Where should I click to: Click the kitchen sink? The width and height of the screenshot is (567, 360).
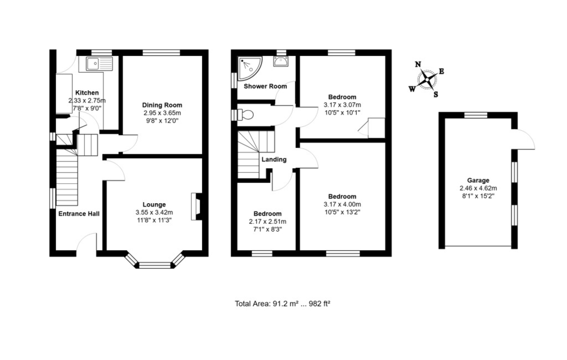click(x=99, y=64)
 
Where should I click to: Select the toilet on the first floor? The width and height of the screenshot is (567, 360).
click(x=243, y=115)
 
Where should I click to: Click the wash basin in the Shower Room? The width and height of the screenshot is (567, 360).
click(x=281, y=61)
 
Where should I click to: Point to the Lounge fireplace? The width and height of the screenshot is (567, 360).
click(x=197, y=206)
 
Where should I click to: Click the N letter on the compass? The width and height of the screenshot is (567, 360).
click(x=418, y=64)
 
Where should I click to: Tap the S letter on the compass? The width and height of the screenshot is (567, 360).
click(x=436, y=94)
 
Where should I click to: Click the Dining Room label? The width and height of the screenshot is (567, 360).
click(x=162, y=105)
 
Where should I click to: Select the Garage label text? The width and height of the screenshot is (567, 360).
click(x=478, y=180)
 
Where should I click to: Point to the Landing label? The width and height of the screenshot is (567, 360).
click(x=274, y=160)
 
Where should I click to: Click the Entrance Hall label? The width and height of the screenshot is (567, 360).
click(x=79, y=214)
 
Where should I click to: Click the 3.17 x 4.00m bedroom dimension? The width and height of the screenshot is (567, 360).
click(x=342, y=204)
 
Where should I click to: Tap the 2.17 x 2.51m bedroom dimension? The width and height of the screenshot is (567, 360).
click(x=267, y=222)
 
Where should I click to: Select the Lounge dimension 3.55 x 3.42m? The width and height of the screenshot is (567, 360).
click(x=154, y=213)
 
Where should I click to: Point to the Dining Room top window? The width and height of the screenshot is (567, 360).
click(x=161, y=52)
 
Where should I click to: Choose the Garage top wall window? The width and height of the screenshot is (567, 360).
click(x=476, y=115)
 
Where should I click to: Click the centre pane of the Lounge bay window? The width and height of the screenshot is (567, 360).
click(x=155, y=266)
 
